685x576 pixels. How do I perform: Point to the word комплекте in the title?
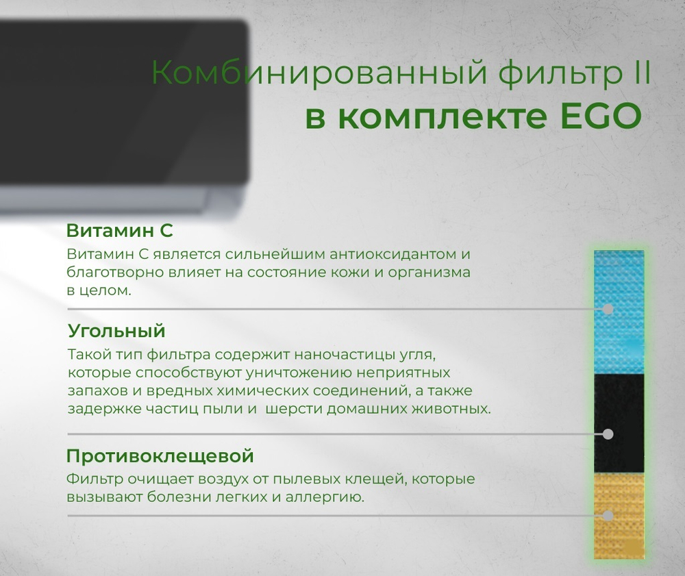click(439, 118)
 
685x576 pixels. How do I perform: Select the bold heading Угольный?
click(116, 331)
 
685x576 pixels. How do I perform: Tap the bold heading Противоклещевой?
click(160, 455)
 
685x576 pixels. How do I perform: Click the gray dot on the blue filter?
click(607, 310)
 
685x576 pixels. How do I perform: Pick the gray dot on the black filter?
click(607, 434)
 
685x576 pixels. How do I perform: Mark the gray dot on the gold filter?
click(607, 515)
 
